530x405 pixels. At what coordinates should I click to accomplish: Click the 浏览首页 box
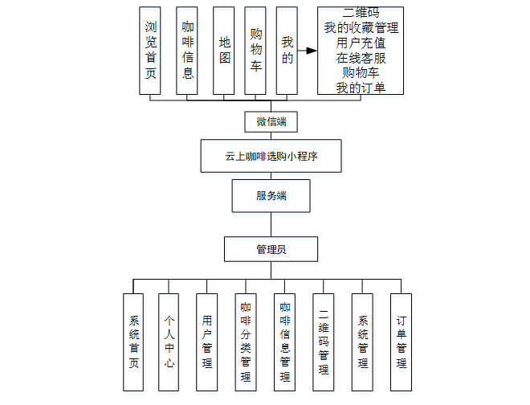pos(150,51)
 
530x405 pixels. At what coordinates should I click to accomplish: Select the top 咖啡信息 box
pos(188,51)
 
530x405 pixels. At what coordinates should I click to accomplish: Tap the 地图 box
pos(224,51)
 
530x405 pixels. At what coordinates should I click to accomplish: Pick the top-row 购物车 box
pos(255,51)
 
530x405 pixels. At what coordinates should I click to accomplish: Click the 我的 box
pos(287,51)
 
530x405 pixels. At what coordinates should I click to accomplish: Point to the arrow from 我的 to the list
pos(308,51)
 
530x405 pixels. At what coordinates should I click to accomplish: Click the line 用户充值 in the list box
pos(360,43)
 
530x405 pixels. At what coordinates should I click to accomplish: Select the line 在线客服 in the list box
pos(360,58)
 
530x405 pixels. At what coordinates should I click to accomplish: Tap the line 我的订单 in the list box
pos(360,88)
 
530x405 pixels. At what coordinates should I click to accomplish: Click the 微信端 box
pos(271,122)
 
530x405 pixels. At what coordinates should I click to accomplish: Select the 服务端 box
pos(271,196)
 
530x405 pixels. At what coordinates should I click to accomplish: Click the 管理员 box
pos(271,249)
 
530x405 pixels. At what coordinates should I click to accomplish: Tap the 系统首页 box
pos(134,342)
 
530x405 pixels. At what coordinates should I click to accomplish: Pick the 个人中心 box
pos(169,342)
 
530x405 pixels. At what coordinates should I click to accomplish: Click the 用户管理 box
pos(207,342)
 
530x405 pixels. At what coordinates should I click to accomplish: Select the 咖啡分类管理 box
pos(246,342)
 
